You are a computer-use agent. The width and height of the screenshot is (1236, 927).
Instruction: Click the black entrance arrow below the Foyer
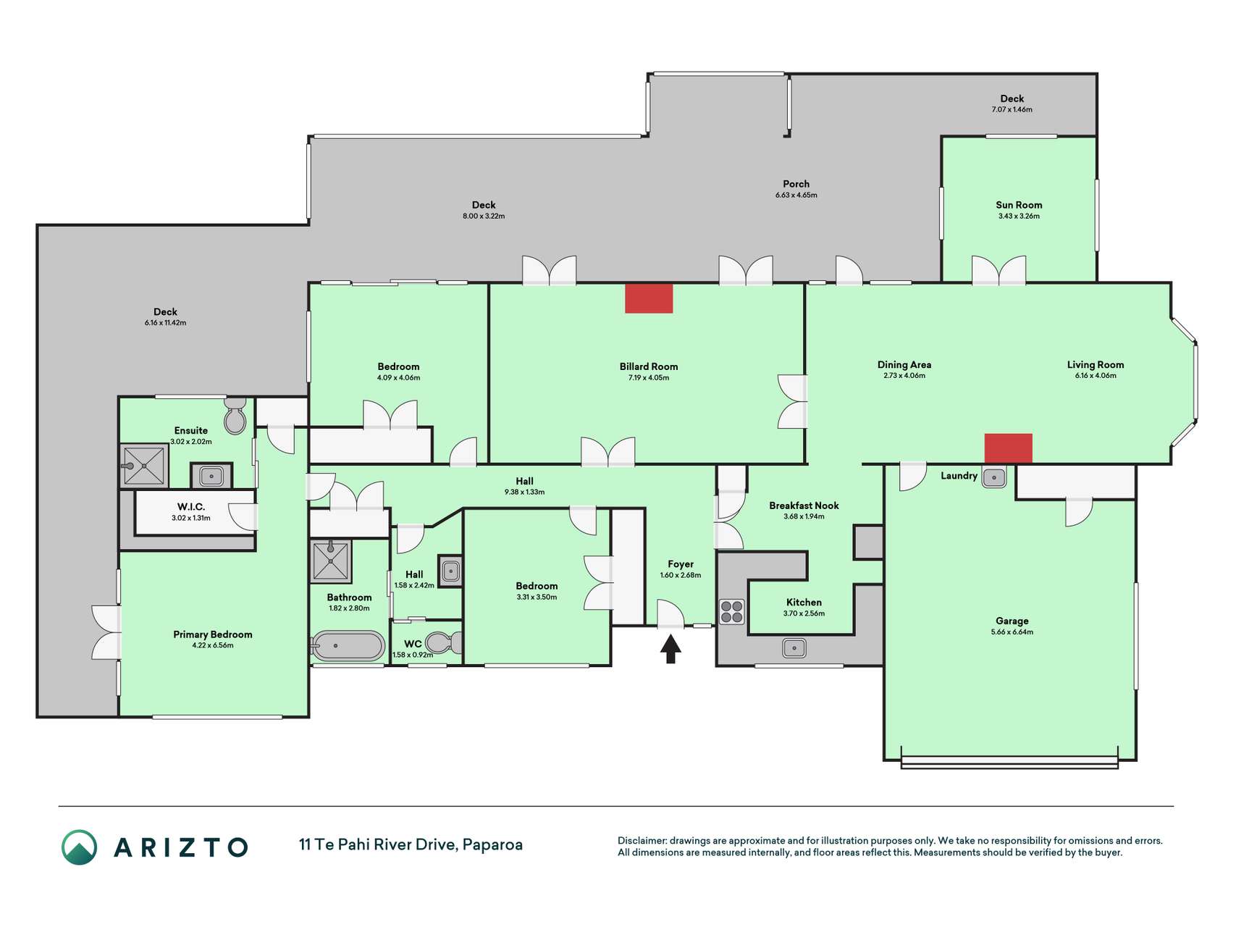tap(670, 648)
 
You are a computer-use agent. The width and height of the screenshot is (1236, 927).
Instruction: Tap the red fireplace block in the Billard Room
tap(649, 298)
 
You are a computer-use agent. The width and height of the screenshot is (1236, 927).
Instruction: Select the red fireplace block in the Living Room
tap(1008, 448)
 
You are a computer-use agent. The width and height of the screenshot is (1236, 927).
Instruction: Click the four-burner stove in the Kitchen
tap(732, 611)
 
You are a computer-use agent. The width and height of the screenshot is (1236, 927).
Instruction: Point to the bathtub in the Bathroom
tap(348, 645)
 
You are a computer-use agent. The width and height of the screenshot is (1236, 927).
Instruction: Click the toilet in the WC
tap(443, 642)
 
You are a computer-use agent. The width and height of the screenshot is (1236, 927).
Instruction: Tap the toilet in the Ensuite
tap(235, 415)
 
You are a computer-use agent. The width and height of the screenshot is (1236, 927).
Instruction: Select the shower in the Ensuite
tap(144, 466)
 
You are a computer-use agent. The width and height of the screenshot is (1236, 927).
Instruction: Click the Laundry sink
tap(994, 477)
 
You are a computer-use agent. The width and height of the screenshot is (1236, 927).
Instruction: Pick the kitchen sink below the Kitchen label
tap(794, 647)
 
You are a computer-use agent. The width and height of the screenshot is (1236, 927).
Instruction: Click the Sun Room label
tap(1019, 205)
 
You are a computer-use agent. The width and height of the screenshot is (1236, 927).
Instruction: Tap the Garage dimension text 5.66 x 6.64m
tap(1012, 632)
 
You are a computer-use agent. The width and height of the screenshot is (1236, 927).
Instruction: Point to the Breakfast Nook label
tap(804, 506)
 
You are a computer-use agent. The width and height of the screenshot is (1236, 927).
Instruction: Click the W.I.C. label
tap(191, 507)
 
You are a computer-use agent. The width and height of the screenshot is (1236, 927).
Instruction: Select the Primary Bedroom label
tap(213, 634)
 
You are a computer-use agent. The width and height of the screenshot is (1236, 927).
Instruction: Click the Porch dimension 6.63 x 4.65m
tap(796, 196)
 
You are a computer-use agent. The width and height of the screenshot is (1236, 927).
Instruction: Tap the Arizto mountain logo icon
tap(79, 847)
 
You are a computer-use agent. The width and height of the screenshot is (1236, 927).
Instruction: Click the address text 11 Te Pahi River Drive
tap(377, 844)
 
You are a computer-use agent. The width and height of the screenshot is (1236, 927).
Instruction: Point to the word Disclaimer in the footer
tap(642, 841)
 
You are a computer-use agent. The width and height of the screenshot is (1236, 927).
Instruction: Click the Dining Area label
tap(904, 365)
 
